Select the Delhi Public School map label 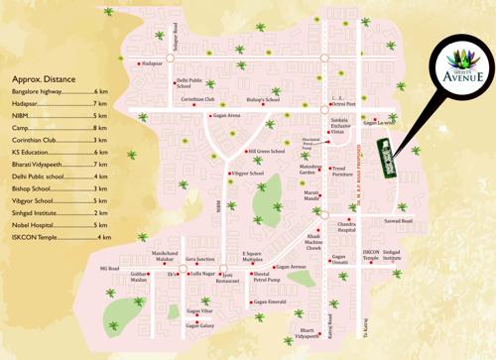click(188, 84)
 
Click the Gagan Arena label click(225, 116)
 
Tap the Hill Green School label click(266, 152)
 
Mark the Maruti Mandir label click(310, 194)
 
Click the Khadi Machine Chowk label click(313, 242)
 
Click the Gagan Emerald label click(270, 301)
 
